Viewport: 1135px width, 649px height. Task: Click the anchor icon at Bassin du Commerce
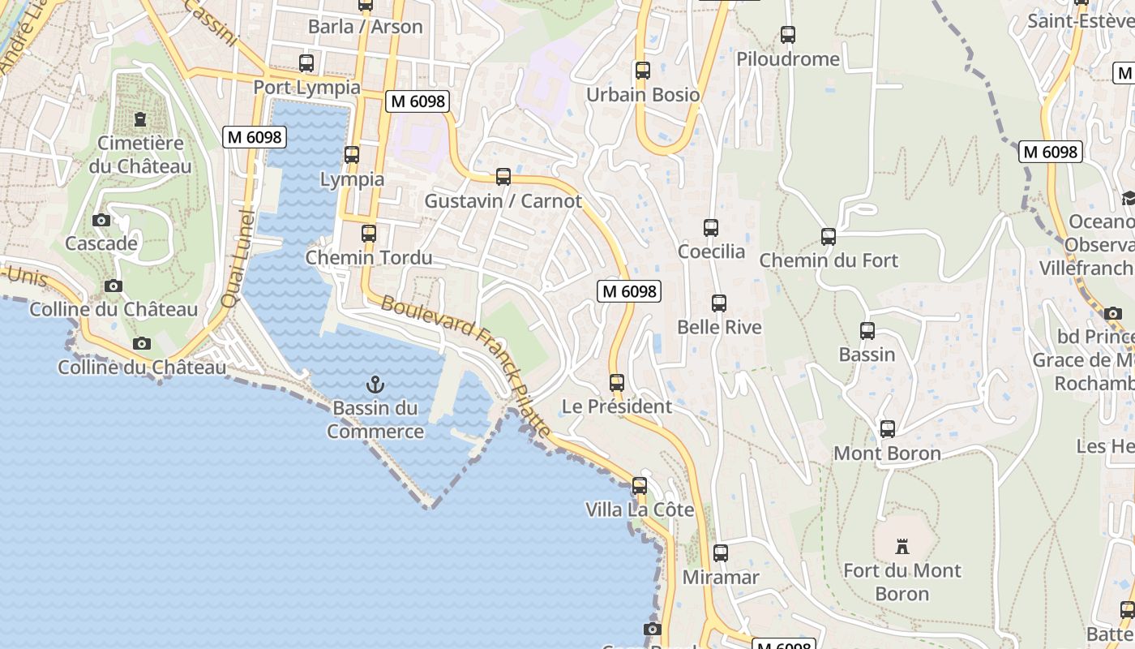(x=375, y=385)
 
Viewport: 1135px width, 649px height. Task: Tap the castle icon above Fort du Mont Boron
(x=902, y=547)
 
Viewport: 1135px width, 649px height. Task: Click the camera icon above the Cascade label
(x=101, y=221)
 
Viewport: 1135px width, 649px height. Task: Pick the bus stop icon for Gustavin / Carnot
(x=503, y=177)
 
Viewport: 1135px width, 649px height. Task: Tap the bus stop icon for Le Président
(x=617, y=383)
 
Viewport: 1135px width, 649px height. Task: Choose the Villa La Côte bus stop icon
(x=640, y=486)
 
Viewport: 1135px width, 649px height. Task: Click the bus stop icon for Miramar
(x=721, y=554)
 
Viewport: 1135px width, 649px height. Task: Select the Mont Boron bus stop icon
(x=888, y=429)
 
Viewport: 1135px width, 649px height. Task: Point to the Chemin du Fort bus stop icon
(x=829, y=237)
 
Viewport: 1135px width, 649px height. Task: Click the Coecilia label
(x=711, y=251)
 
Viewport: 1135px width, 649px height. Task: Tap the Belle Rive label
(x=719, y=327)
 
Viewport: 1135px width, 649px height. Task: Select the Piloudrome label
(x=787, y=59)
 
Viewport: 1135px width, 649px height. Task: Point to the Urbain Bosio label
(x=642, y=95)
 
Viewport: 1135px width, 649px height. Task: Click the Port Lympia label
(x=306, y=87)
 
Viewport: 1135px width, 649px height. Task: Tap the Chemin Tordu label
(x=368, y=258)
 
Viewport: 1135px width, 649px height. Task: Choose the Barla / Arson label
(x=365, y=27)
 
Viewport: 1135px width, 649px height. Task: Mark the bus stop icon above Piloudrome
(x=788, y=35)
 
